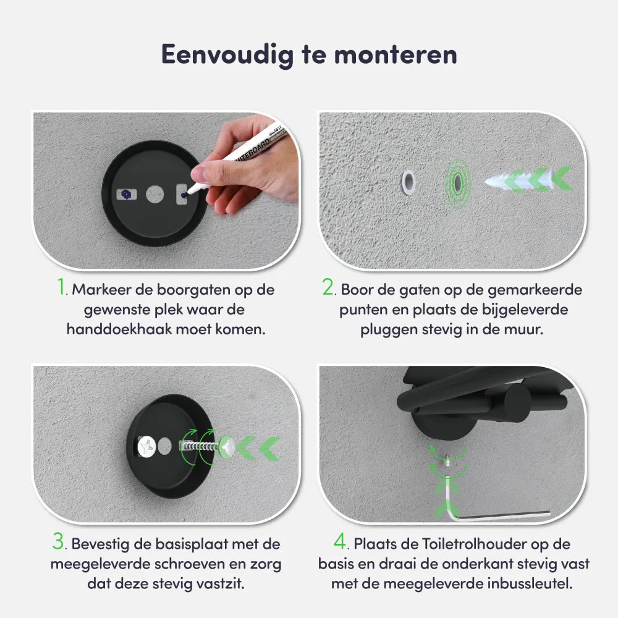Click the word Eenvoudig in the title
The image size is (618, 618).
pos(227,55)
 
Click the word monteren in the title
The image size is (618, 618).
pos(396,55)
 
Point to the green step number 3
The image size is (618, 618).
pos(58,541)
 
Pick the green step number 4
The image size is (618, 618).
pos(340,541)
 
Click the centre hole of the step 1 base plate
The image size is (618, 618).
pos(155,194)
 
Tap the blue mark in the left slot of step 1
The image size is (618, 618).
pos(126,194)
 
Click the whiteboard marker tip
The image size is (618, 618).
pos(188,193)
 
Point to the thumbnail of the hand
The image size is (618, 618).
pos(198,174)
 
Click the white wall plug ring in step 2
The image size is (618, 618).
pos(408,182)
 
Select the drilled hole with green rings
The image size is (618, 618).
pos(457,182)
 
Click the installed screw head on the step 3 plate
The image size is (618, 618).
pos(146,447)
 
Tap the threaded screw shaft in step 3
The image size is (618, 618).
pos(200,447)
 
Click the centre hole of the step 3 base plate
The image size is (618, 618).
pos(165,446)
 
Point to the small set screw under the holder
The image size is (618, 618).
pos(448,460)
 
